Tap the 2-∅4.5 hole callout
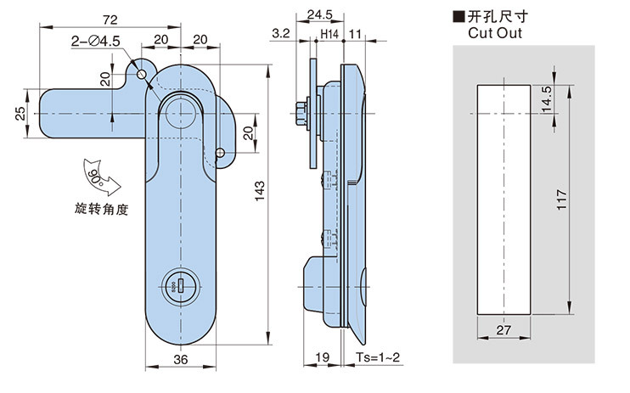96,40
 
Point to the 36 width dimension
180,358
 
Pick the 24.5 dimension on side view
318,14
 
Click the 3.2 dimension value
279,35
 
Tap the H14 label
329,35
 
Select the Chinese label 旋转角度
100,208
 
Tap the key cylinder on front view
180,287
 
